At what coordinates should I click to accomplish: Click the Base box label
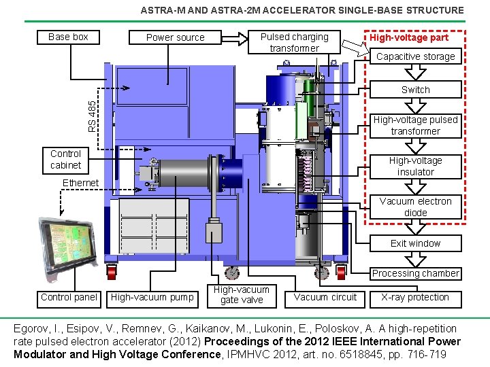pos(68,37)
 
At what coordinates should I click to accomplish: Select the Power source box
pos(175,37)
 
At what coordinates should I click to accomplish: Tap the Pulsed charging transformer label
pos(294,42)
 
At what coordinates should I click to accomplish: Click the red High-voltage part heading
pos(408,37)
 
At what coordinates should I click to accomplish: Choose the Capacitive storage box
pos(415,56)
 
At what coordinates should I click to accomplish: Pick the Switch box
pos(415,90)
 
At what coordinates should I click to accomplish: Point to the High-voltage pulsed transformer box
pos(415,125)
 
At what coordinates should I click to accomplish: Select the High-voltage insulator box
pos(415,166)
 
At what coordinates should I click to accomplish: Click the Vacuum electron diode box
pos(415,207)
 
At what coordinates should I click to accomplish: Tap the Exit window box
pos(415,243)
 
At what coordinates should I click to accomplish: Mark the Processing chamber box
pos(415,273)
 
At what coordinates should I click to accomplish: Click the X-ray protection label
pos(415,297)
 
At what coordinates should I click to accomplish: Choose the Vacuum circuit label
pos(325,297)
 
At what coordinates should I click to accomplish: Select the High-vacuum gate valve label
pos(242,294)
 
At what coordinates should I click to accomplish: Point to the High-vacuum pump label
pos(152,297)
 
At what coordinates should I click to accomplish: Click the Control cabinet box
pos(65,159)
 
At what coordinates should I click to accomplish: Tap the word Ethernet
pos(80,183)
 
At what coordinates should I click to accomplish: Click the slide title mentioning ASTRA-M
pos(301,10)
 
